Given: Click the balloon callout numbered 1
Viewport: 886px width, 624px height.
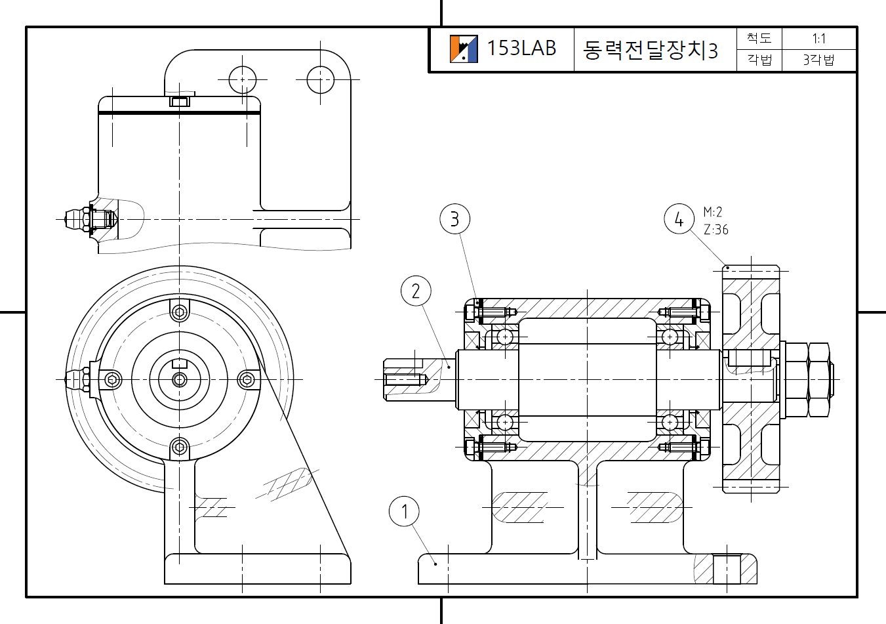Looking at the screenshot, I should click(x=404, y=512).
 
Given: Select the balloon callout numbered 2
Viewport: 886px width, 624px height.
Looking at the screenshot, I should click(x=416, y=291).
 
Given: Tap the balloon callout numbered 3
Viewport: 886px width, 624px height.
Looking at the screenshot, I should click(x=455, y=218).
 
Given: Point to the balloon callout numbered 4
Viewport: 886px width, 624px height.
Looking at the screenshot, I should click(x=679, y=219).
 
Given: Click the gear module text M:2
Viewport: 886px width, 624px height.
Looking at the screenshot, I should click(x=713, y=212).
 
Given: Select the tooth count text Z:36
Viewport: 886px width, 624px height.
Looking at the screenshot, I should click(x=715, y=230).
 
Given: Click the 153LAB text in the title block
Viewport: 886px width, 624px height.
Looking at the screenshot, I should click(x=521, y=48).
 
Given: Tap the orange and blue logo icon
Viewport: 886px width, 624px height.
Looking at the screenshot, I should click(x=464, y=49).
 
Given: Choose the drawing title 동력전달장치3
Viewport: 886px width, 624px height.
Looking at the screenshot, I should click(x=650, y=50).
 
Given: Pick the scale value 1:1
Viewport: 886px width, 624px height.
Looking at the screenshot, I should click(x=818, y=39).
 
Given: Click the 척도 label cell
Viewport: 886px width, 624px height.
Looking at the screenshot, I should click(x=759, y=39).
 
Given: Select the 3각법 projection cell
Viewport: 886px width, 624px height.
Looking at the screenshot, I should click(x=818, y=60).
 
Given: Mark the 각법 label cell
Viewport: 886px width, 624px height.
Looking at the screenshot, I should click(x=759, y=60).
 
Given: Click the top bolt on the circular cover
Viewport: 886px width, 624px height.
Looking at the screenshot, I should click(x=179, y=311).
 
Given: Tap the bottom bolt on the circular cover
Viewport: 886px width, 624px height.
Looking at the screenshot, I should click(x=179, y=448).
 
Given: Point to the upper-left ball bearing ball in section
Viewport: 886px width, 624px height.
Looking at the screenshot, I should click(x=504, y=337).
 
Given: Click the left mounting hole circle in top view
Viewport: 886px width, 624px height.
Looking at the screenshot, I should click(x=243, y=79).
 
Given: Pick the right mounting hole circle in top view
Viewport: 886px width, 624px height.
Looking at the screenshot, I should click(x=321, y=79).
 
